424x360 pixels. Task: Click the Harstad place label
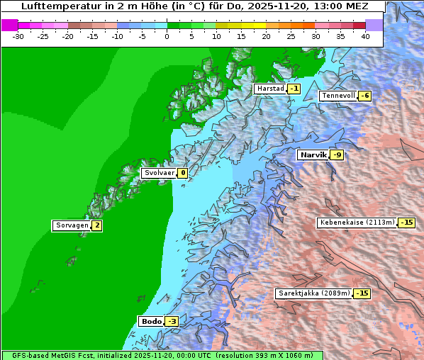click(x=269, y=89)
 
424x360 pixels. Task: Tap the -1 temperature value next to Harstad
click(x=294, y=89)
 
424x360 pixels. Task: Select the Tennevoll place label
click(x=337, y=96)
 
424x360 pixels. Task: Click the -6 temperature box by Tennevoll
click(x=364, y=96)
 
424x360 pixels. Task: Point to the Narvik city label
click(x=313, y=154)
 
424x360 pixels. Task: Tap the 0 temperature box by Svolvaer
click(x=182, y=173)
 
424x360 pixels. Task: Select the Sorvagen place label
click(x=72, y=225)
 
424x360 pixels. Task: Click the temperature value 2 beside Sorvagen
click(x=97, y=225)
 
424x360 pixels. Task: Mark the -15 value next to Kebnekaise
click(x=406, y=222)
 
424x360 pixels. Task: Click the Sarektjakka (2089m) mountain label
click(x=313, y=293)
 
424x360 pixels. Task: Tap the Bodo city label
click(x=151, y=321)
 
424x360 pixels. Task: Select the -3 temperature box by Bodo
click(x=172, y=321)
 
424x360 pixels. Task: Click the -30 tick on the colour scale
click(x=18, y=36)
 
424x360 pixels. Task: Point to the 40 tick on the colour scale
click(x=365, y=36)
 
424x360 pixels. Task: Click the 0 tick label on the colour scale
click(x=167, y=36)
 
